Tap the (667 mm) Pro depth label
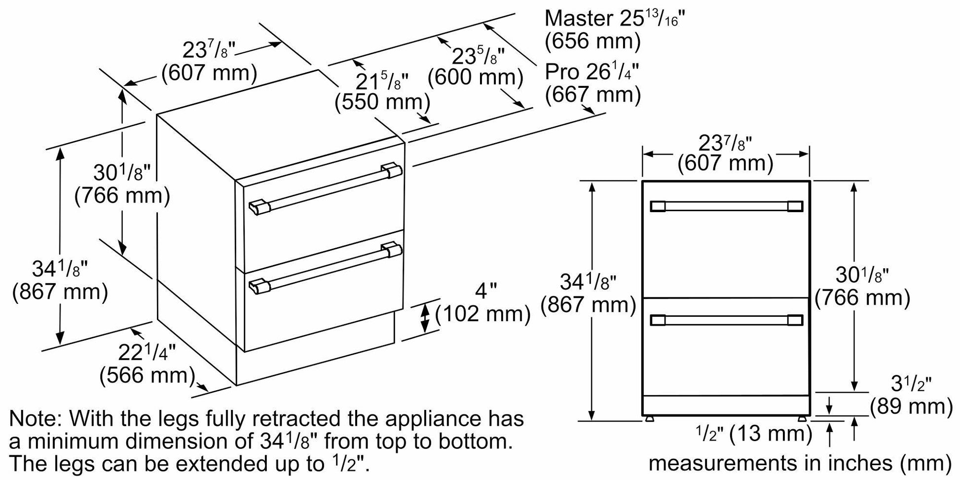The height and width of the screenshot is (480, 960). (592, 94)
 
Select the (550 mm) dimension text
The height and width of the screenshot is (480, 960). (382, 102)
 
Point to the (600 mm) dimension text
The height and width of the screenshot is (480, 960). (475, 77)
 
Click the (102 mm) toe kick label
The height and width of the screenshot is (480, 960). (483, 314)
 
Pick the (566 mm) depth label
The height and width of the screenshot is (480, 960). (148, 376)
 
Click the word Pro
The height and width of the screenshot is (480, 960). (562, 72)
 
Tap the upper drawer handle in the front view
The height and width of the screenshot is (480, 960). (726, 206)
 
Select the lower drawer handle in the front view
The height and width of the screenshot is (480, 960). (726, 321)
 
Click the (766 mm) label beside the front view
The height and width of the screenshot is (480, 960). (862, 298)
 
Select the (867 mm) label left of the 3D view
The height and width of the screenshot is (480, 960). (60, 293)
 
